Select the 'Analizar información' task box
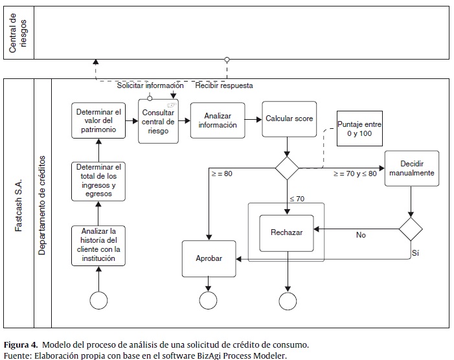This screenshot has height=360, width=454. pyautogui.click(x=218, y=120)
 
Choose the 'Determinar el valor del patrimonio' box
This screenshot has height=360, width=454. pyautogui.click(x=98, y=120)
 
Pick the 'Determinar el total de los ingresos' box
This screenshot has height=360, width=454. pyautogui.click(x=98, y=180)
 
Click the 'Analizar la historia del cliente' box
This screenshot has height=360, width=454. pyautogui.click(x=98, y=245)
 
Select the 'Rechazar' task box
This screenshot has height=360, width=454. pyautogui.click(x=286, y=233)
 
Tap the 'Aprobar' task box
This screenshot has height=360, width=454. pyautogui.click(x=209, y=258)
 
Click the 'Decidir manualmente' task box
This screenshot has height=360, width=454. pyautogui.click(x=411, y=169)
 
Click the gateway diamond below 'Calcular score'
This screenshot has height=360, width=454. pyautogui.click(x=287, y=168)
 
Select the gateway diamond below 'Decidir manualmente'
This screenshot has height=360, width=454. pyautogui.click(x=411, y=229)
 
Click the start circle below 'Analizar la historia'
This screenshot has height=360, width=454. pyautogui.click(x=98, y=300)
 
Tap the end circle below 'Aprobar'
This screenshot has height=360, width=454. pyautogui.click(x=209, y=300)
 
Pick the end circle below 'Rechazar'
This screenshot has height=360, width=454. pyautogui.click(x=287, y=300)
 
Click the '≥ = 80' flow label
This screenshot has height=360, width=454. pyautogui.click(x=221, y=174)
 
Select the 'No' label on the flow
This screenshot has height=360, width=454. pyautogui.click(x=361, y=235)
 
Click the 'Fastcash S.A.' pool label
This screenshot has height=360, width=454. pyautogui.click(x=19, y=205)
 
